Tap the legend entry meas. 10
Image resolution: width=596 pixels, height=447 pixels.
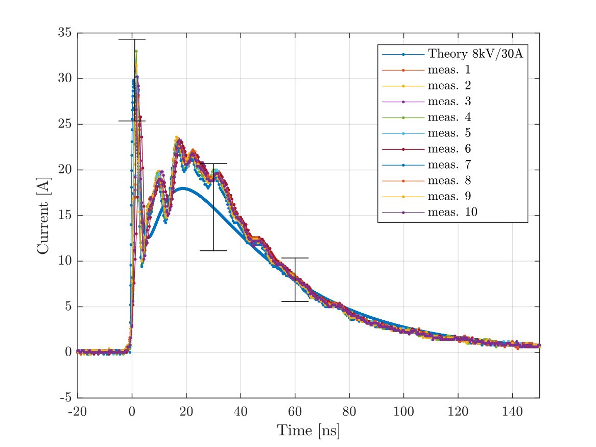(452, 212)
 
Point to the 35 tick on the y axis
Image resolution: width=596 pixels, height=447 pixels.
(64, 33)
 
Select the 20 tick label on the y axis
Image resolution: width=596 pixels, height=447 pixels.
(64, 170)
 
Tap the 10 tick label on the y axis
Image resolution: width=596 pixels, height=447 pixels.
(64, 261)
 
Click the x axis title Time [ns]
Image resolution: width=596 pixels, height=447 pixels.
(308, 430)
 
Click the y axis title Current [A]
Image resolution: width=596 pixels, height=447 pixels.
(43, 215)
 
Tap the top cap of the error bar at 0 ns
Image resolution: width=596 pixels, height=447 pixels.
(132, 39)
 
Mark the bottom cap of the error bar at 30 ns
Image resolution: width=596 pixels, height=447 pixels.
(213, 250)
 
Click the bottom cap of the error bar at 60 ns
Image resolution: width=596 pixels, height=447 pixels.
(295, 301)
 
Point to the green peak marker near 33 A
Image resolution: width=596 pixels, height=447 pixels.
(136, 51)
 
